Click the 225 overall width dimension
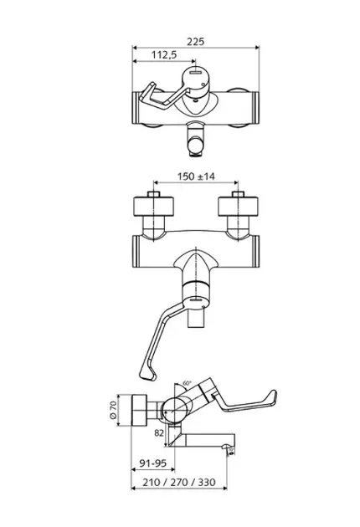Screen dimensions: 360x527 [x=195, y=42]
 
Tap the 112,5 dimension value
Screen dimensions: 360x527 [x=164, y=54]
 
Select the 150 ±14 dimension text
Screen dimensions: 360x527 [x=196, y=177]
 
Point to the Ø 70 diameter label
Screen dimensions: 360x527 [x=113, y=410]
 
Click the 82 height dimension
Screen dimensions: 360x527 [x=159, y=433]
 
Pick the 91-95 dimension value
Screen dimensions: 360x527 [x=153, y=463]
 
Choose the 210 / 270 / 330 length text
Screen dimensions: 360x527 [x=179, y=483]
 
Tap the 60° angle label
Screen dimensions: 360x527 [x=187, y=383]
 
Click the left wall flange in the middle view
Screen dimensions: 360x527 [x=154, y=206]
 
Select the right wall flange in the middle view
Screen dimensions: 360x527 [x=239, y=206]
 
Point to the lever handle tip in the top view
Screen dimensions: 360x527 [x=147, y=91]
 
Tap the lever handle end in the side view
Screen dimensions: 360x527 [x=271, y=397]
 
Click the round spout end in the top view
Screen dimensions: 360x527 [x=195, y=146]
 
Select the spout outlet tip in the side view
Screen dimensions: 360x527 [x=229, y=448]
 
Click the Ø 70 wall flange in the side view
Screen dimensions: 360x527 [x=139, y=410]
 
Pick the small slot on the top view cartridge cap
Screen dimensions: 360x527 [x=195, y=72]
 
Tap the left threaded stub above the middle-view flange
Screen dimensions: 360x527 [x=154, y=194]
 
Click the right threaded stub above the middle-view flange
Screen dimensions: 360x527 [x=239, y=194]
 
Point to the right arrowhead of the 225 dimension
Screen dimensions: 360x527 [x=257, y=48]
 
